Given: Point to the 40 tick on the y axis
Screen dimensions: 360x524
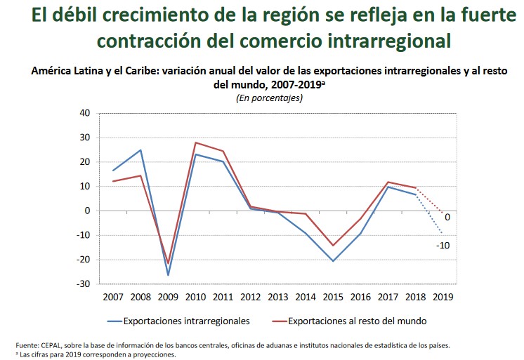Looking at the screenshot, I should point(84,113).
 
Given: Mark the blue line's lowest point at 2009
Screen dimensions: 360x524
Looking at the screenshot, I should point(168,275).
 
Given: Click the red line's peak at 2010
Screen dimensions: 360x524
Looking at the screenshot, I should point(195,142).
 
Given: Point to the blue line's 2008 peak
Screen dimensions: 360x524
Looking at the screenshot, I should point(140,150).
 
